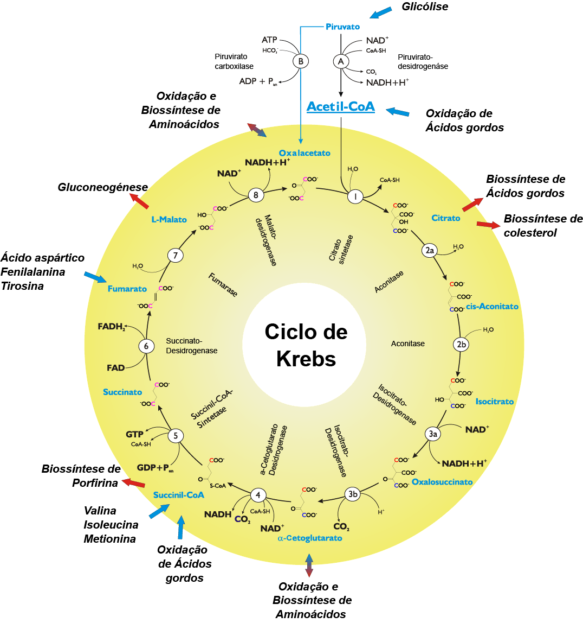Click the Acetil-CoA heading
pyautogui.click(x=340, y=106)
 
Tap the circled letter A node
pyautogui.click(x=341, y=61)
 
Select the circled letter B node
pyautogui.click(x=301, y=61)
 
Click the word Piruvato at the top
pyautogui.click(x=342, y=27)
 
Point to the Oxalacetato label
pyautogui.click(x=305, y=153)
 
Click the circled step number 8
pyautogui.click(x=256, y=195)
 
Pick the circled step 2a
pyautogui.click(x=430, y=250)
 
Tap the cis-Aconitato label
pyautogui.click(x=492, y=307)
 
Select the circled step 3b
pyautogui.click(x=353, y=494)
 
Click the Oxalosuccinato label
pyautogui.click(x=442, y=482)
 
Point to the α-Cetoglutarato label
pyautogui.click(x=310, y=538)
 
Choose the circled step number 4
pyautogui.click(x=258, y=494)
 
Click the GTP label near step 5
pyautogui.click(x=134, y=435)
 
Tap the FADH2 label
pyautogui.click(x=112, y=327)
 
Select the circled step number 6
pyautogui.click(x=146, y=346)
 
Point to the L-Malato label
pyautogui.click(x=169, y=220)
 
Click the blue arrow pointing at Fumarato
pyautogui.click(x=95, y=277)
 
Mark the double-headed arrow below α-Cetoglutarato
pyautogui.click(x=309, y=565)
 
